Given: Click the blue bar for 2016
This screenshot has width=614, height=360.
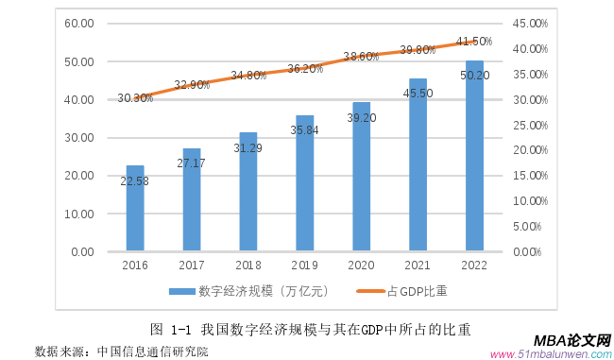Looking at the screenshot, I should tap(135, 209).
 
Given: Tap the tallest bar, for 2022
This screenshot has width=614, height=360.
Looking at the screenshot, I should tap(474, 157).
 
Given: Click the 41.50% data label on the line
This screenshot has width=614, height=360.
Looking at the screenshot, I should tap(474, 42).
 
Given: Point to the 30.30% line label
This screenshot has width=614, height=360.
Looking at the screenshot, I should tap(135, 97).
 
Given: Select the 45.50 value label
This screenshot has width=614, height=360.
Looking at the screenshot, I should tap(418, 94).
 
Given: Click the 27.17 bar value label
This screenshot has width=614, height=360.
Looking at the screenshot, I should tap(192, 163).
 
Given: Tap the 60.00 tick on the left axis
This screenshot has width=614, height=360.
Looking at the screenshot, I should tap(80, 24).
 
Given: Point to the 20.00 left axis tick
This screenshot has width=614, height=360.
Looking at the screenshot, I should tap(80, 176).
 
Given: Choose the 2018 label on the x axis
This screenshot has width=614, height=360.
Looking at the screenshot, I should tap(248, 266).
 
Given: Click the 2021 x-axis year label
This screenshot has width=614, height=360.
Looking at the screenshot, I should tap(418, 266).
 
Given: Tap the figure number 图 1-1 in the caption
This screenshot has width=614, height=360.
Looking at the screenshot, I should tap(171, 329).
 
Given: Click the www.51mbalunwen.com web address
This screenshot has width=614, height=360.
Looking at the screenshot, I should tap(552, 353).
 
